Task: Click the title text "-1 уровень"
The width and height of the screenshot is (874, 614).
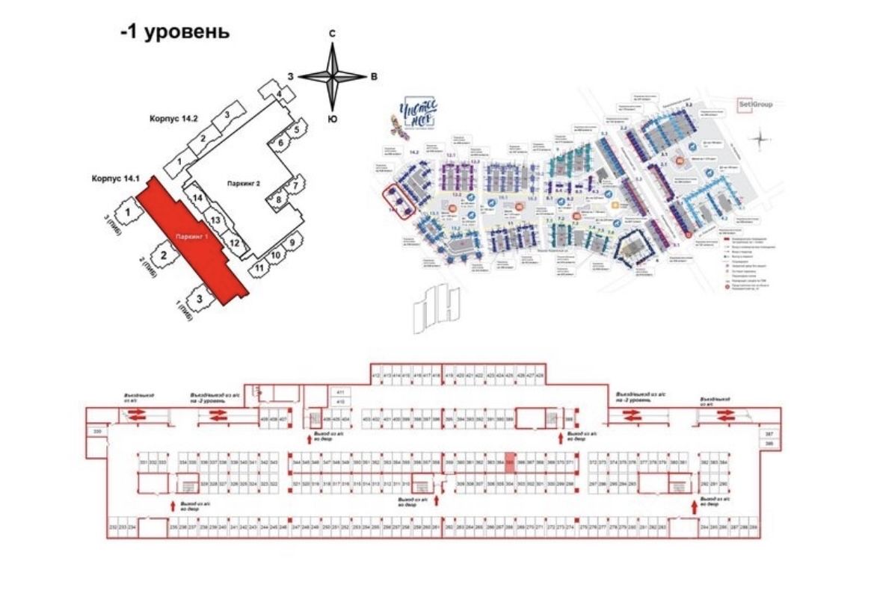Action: tap(174, 33)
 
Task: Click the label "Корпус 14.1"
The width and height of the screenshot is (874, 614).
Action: tap(116, 179)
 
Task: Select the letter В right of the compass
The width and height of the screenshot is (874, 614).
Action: tap(374, 77)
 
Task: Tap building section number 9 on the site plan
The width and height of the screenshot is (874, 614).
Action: tap(292, 241)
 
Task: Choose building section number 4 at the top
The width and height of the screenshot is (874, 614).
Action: tap(278, 94)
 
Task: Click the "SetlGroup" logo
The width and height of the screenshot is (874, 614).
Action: tap(755, 104)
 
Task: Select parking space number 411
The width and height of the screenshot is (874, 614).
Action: tap(339, 392)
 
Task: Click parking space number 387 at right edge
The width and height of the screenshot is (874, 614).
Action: tap(768, 433)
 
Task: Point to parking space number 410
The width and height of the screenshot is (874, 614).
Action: tap(339, 402)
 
